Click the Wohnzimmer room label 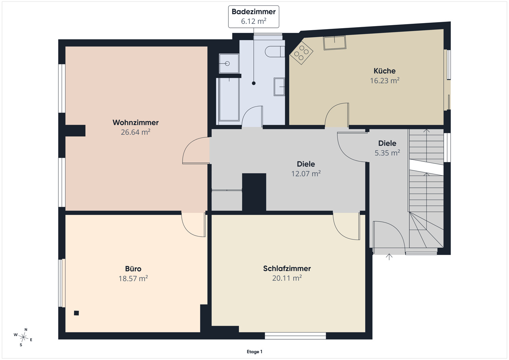(135, 122)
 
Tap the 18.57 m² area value (133, 279)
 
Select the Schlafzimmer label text (287, 268)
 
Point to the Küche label (384, 71)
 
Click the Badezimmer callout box (253, 17)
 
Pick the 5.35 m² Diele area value (387, 153)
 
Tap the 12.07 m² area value (306, 174)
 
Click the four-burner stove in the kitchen (301, 53)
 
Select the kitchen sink (335, 43)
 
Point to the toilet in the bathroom (275, 52)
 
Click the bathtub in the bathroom (229, 99)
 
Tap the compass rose (23, 337)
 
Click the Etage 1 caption (254, 352)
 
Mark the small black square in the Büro (76, 313)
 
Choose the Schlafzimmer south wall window (296, 336)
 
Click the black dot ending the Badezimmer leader (253, 83)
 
